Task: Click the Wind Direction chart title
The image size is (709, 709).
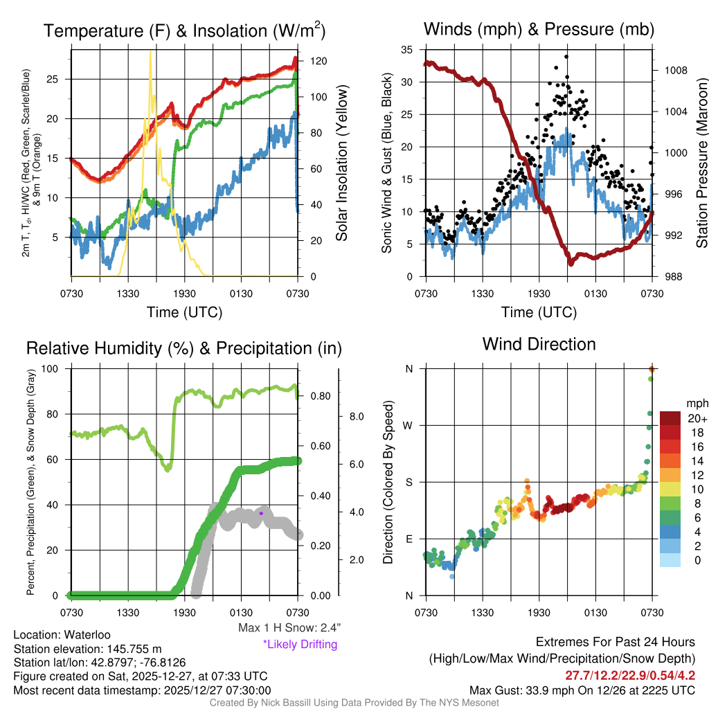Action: pos(539,344)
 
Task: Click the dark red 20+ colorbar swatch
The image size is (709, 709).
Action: pos(672,418)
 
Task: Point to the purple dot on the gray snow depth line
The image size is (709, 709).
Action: pos(261,513)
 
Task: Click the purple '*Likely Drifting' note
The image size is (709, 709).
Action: pos(300,644)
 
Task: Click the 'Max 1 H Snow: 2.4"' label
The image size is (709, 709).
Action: pos(289,628)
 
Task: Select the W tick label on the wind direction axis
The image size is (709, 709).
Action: pos(409,425)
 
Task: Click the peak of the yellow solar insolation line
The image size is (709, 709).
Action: pos(150,52)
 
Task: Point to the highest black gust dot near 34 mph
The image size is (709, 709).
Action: pos(566,57)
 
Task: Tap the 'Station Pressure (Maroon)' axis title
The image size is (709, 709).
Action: pos(701,163)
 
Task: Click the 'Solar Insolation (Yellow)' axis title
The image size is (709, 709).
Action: pos(341,163)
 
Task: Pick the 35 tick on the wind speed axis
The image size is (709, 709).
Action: pos(407,50)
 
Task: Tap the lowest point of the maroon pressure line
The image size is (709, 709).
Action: pos(571,264)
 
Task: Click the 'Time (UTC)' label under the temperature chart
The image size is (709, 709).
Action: pos(184,312)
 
